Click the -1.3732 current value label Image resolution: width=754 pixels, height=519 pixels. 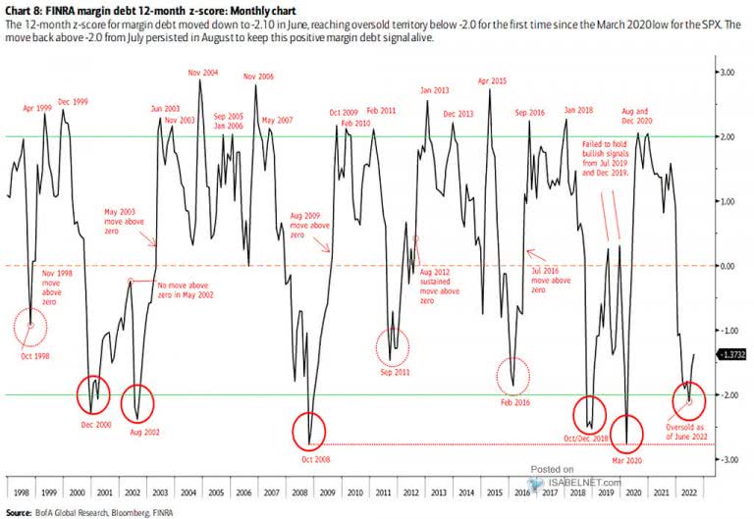733,354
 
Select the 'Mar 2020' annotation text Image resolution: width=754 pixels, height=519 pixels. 629,457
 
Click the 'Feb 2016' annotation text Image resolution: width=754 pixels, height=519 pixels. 515,402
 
